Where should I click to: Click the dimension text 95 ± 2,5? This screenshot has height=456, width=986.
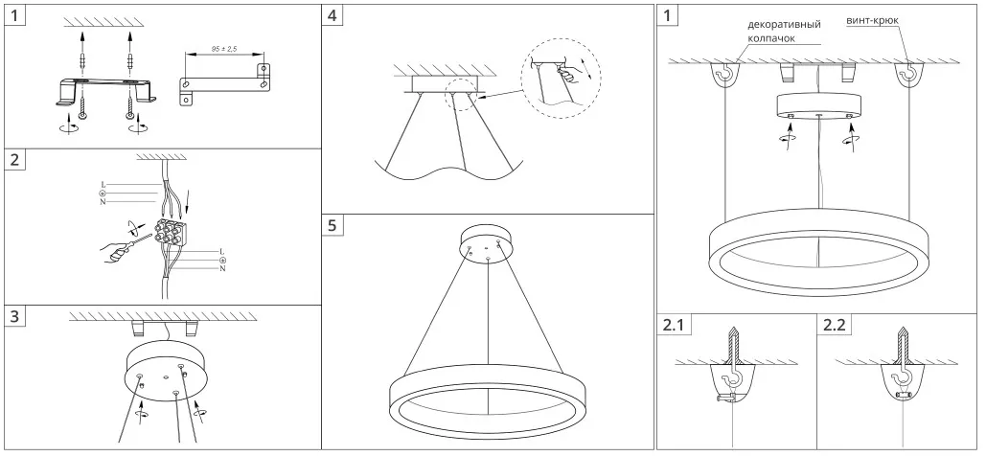[x=223, y=48]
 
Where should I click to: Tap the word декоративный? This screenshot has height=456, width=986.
[x=784, y=25]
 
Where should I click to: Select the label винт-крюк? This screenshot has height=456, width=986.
[x=872, y=20]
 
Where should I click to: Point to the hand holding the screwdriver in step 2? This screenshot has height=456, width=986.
[x=116, y=254]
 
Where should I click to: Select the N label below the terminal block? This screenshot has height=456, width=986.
[x=223, y=268]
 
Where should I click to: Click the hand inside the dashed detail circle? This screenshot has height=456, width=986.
[x=569, y=76]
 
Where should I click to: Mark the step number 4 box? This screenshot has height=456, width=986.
[x=332, y=15]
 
